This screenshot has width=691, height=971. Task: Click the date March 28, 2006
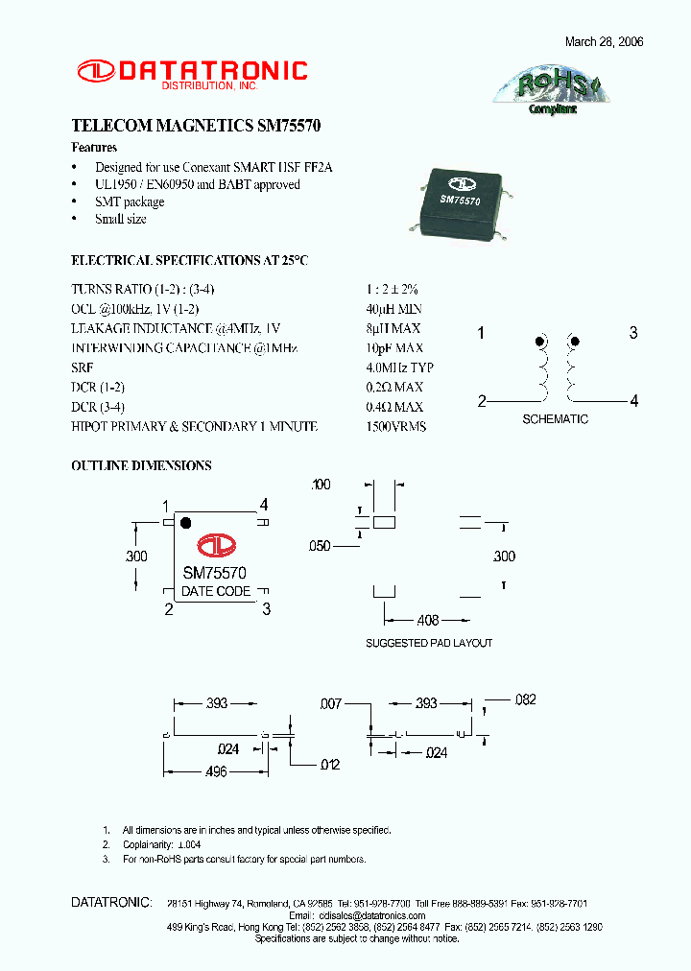click(604, 42)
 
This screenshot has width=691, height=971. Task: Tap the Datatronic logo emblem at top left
click(96, 70)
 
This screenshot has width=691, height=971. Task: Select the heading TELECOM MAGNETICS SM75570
click(196, 127)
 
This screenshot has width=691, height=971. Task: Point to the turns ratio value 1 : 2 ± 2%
click(392, 289)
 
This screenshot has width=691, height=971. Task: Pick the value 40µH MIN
click(393, 309)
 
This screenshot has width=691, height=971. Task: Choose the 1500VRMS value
click(395, 426)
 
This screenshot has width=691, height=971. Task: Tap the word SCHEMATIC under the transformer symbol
click(555, 419)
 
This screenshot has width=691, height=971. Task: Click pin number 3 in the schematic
click(633, 333)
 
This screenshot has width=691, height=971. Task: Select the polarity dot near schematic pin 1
click(540, 341)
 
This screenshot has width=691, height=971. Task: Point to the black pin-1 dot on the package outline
click(186, 523)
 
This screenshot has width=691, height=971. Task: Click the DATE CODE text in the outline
click(216, 591)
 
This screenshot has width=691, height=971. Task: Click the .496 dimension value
click(216, 771)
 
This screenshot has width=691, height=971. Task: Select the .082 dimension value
click(525, 700)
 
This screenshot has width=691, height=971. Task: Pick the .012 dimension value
click(329, 764)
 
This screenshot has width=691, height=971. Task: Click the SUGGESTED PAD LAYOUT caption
click(429, 643)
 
